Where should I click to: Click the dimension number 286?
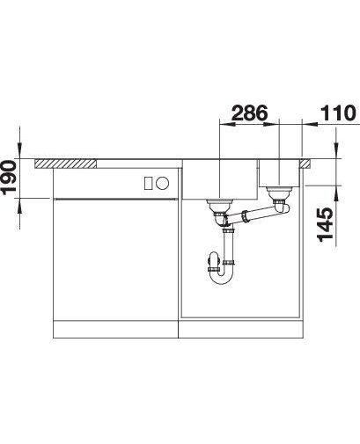[249, 113]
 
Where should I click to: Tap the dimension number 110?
[338, 113]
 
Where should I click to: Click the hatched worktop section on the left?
[65, 164]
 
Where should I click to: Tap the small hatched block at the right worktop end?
[305, 164]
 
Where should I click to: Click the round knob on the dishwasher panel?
[162, 183]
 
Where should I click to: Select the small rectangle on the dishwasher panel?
[148, 183]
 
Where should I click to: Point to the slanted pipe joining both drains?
[253, 215]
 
